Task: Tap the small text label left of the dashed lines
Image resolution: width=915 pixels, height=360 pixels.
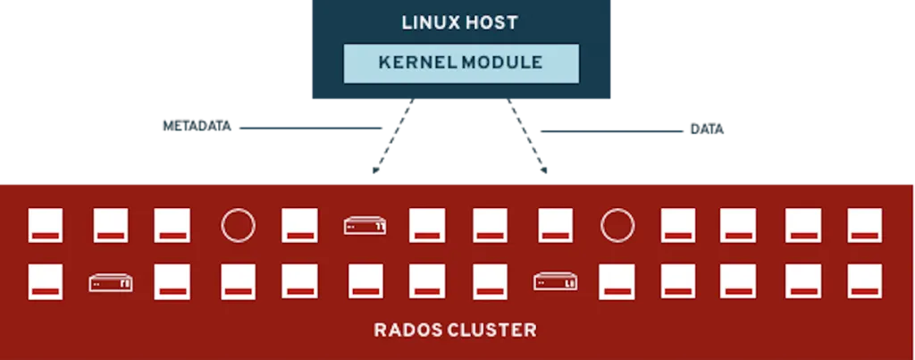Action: [x=197, y=128]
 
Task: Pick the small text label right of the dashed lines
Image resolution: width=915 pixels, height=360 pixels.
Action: [x=709, y=130]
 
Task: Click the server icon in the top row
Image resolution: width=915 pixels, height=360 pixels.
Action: [x=364, y=226]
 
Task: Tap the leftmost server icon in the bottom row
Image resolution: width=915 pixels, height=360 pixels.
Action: [x=111, y=282]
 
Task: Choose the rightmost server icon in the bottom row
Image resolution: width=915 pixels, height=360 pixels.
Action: [x=555, y=282]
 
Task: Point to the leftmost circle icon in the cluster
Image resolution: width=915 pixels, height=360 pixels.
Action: [x=238, y=225]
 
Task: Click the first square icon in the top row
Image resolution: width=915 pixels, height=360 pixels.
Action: [x=45, y=225]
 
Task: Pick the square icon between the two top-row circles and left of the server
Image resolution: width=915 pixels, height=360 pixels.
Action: [x=300, y=225]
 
